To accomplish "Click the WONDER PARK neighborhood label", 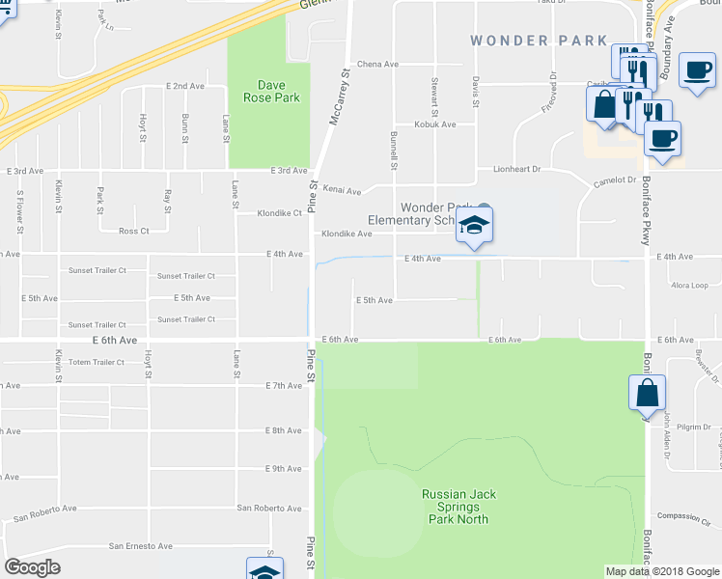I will (538, 41).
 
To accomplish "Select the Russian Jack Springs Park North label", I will (458, 507).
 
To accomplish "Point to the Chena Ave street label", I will (377, 65).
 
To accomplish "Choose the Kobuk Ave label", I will (434, 124).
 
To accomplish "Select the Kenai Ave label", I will (341, 191).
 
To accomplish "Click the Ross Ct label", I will (133, 232).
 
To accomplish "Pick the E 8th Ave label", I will (285, 430).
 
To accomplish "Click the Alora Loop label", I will (689, 286).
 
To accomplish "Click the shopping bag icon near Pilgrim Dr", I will (646, 394).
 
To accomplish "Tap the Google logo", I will (33, 567).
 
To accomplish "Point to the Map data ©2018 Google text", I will (662, 571).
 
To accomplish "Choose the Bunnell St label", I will (394, 150).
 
